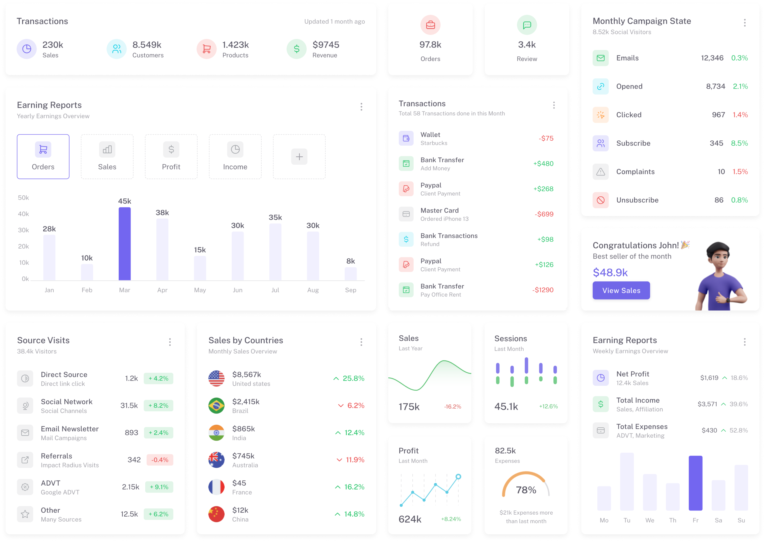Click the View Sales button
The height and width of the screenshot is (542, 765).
click(x=621, y=290)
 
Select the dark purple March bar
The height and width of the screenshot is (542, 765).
click(x=125, y=244)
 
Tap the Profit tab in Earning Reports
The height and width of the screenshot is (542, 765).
click(x=171, y=157)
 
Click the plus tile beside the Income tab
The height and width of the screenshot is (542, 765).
click(x=299, y=157)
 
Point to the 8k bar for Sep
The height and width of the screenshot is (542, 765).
click(x=350, y=274)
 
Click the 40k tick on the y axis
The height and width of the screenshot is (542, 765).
click(x=24, y=214)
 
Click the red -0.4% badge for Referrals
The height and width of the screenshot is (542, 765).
click(x=160, y=460)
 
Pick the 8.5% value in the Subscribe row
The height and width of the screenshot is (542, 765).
click(x=739, y=143)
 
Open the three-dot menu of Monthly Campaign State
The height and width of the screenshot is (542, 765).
click(x=745, y=23)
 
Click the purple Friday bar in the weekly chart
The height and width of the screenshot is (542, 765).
click(x=695, y=483)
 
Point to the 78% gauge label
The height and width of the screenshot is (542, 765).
click(x=526, y=490)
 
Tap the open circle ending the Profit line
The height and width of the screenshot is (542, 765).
click(x=458, y=477)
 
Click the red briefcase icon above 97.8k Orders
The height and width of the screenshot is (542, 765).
click(x=430, y=25)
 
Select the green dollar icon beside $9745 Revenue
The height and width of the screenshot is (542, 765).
click(x=296, y=49)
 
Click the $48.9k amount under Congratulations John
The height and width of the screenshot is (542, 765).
click(x=610, y=272)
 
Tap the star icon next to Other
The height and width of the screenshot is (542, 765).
click(x=25, y=514)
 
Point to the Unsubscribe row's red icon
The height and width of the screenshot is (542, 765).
click(x=600, y=200)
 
